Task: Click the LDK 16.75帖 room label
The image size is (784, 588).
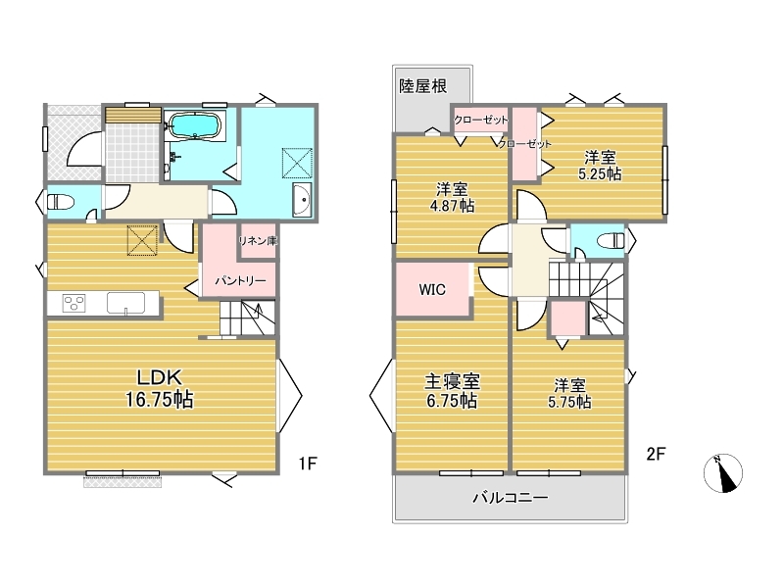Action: (x=159, y=388)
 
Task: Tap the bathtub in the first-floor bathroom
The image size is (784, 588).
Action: (x=194, y=124)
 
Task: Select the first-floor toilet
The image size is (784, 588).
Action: (x=61, y=202)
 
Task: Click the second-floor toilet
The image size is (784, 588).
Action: (x=611, y=241)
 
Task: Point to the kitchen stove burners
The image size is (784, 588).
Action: (x=74, y=303)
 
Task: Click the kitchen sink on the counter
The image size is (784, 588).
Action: (x=126, y=304)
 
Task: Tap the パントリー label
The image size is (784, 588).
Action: (x=240, y=281)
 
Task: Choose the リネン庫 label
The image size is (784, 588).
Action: (x=258, y=241)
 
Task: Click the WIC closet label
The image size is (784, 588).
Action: (x=432, y=289)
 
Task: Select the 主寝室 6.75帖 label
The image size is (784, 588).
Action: (x=452, y=391)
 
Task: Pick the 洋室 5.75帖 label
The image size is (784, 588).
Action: (x=569, y=394)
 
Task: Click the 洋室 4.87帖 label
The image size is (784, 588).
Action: (x=452, y=198)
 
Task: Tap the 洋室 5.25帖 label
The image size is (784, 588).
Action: (x=600, y=166)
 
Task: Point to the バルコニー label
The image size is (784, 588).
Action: (x=511, y=498)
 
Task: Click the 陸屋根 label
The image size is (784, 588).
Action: (x=422, y=86)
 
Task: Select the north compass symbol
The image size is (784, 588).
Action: (x=723, y=473)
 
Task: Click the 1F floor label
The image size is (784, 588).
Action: (x=308, y=464)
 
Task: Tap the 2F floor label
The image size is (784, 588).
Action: (x=656, y=454)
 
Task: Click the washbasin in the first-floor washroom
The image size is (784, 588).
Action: (x=302, y=200)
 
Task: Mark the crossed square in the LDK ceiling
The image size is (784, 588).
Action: (x=142, y=240)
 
